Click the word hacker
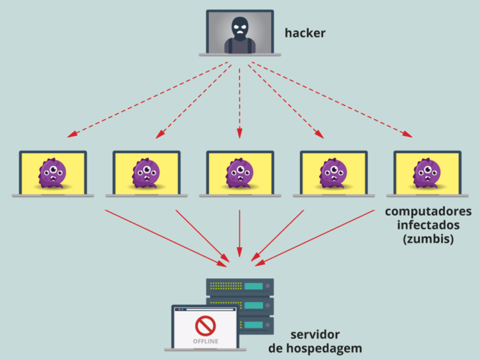click(305, 32)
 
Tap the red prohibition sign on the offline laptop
click(204, 326)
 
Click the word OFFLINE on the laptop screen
click(204, 341)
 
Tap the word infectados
click(428, 225)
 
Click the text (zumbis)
click(428, 239)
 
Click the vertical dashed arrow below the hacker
click(239, 99)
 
